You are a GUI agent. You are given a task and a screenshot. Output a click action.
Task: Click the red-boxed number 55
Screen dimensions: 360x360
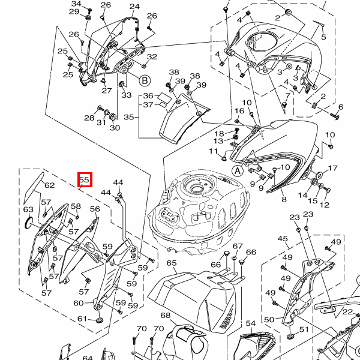pos(84,179)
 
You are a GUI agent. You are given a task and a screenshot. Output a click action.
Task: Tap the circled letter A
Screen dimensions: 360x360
pos(237,170)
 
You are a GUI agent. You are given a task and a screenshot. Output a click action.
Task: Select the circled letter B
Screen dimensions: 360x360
pos(144,79)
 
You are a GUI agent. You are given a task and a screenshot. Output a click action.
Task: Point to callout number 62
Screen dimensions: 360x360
pos(49,185)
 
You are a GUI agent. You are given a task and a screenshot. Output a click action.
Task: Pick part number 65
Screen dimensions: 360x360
pos(171,263)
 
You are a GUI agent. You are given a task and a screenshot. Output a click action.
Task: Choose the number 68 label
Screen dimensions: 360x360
pos(165,316)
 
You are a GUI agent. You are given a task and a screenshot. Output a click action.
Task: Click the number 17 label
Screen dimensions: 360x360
pos(333,168)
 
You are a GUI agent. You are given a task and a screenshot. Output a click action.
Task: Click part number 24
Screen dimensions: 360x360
pos(134,7)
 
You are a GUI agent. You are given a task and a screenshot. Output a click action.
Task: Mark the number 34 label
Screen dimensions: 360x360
pos(76,4)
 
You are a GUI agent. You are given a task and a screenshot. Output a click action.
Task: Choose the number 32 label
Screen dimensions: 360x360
pos(152,57)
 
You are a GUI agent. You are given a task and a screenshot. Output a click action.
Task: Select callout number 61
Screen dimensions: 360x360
pos(82,319)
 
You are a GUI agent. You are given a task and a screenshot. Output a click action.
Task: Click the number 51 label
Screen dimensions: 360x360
pos(304,329)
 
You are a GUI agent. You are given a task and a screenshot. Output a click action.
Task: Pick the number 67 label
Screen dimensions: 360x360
pos(238,247)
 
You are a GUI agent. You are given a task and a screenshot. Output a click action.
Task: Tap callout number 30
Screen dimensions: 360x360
pos(114,128)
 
